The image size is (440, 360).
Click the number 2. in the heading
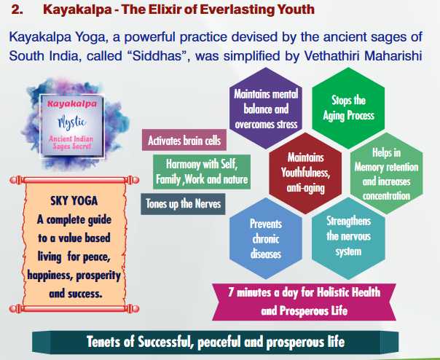point(17,9)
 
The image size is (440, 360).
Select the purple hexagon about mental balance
point(266,109)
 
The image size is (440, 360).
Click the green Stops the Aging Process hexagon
point(348,108)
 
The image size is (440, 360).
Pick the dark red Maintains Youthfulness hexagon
point(305,173)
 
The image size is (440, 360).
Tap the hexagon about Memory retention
point(386,173)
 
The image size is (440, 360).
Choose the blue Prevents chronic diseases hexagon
point(266,238)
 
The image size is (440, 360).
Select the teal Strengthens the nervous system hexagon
point(348,238)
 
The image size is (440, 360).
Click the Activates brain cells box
point(184,140)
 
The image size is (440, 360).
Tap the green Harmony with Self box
point(202,171)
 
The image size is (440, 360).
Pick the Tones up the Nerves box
point(183,204)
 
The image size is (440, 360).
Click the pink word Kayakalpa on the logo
point(72,104)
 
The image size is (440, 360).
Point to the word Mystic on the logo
point(72,122)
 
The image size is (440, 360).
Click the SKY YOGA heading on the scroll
point(74,201)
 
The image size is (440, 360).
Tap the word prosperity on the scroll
point(98,275)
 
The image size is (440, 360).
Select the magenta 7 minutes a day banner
point(305,302)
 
